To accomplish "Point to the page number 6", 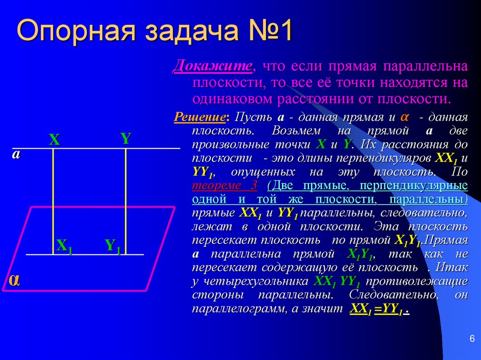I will [472, 339].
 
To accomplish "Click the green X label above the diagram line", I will [54, 140].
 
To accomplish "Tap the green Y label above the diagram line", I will [125, 138].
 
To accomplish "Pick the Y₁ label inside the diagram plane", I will [113, 246].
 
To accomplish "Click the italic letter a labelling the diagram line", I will [16, 155].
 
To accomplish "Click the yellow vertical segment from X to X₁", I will [53, 197].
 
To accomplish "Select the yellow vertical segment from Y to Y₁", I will [125, 197].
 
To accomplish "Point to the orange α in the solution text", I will [404, 116].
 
